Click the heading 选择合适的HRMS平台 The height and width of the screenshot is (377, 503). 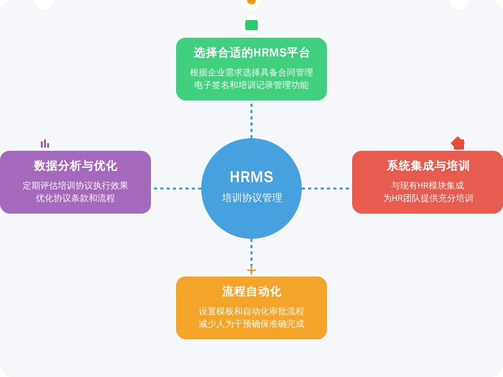251,53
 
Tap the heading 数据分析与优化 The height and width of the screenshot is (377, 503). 75,166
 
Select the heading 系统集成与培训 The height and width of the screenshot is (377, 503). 428,166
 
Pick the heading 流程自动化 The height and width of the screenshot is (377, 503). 251,292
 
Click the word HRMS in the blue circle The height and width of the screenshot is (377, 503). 251,177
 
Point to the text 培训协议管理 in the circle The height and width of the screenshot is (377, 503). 251,198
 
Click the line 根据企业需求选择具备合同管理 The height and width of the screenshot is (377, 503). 251,72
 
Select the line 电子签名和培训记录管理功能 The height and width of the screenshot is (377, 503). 251,85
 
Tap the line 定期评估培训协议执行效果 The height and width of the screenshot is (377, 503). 75,185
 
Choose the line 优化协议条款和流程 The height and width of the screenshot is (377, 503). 75,198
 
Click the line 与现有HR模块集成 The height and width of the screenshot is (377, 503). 428,185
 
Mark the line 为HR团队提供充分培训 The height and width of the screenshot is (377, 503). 428,198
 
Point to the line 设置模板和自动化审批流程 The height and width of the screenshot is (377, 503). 251,311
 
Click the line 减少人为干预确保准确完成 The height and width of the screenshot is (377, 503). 251,324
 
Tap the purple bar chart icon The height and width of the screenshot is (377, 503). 45,144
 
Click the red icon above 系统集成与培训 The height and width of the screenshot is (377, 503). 458,143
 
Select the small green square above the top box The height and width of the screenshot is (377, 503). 251,25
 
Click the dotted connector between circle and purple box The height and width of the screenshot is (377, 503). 176,188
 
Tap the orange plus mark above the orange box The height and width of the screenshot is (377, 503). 251,270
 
